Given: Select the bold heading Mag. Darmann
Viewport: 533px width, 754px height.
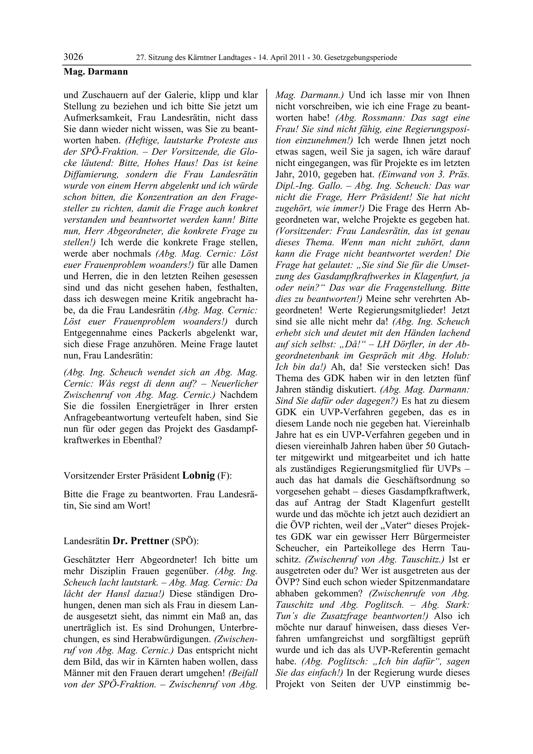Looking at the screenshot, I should coord(96,71).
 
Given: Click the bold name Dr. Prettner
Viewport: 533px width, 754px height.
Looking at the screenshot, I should coord(141,541).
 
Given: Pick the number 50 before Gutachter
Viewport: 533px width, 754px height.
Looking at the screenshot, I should coord(430,446).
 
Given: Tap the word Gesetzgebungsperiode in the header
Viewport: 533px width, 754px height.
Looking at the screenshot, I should coord(361,58).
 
